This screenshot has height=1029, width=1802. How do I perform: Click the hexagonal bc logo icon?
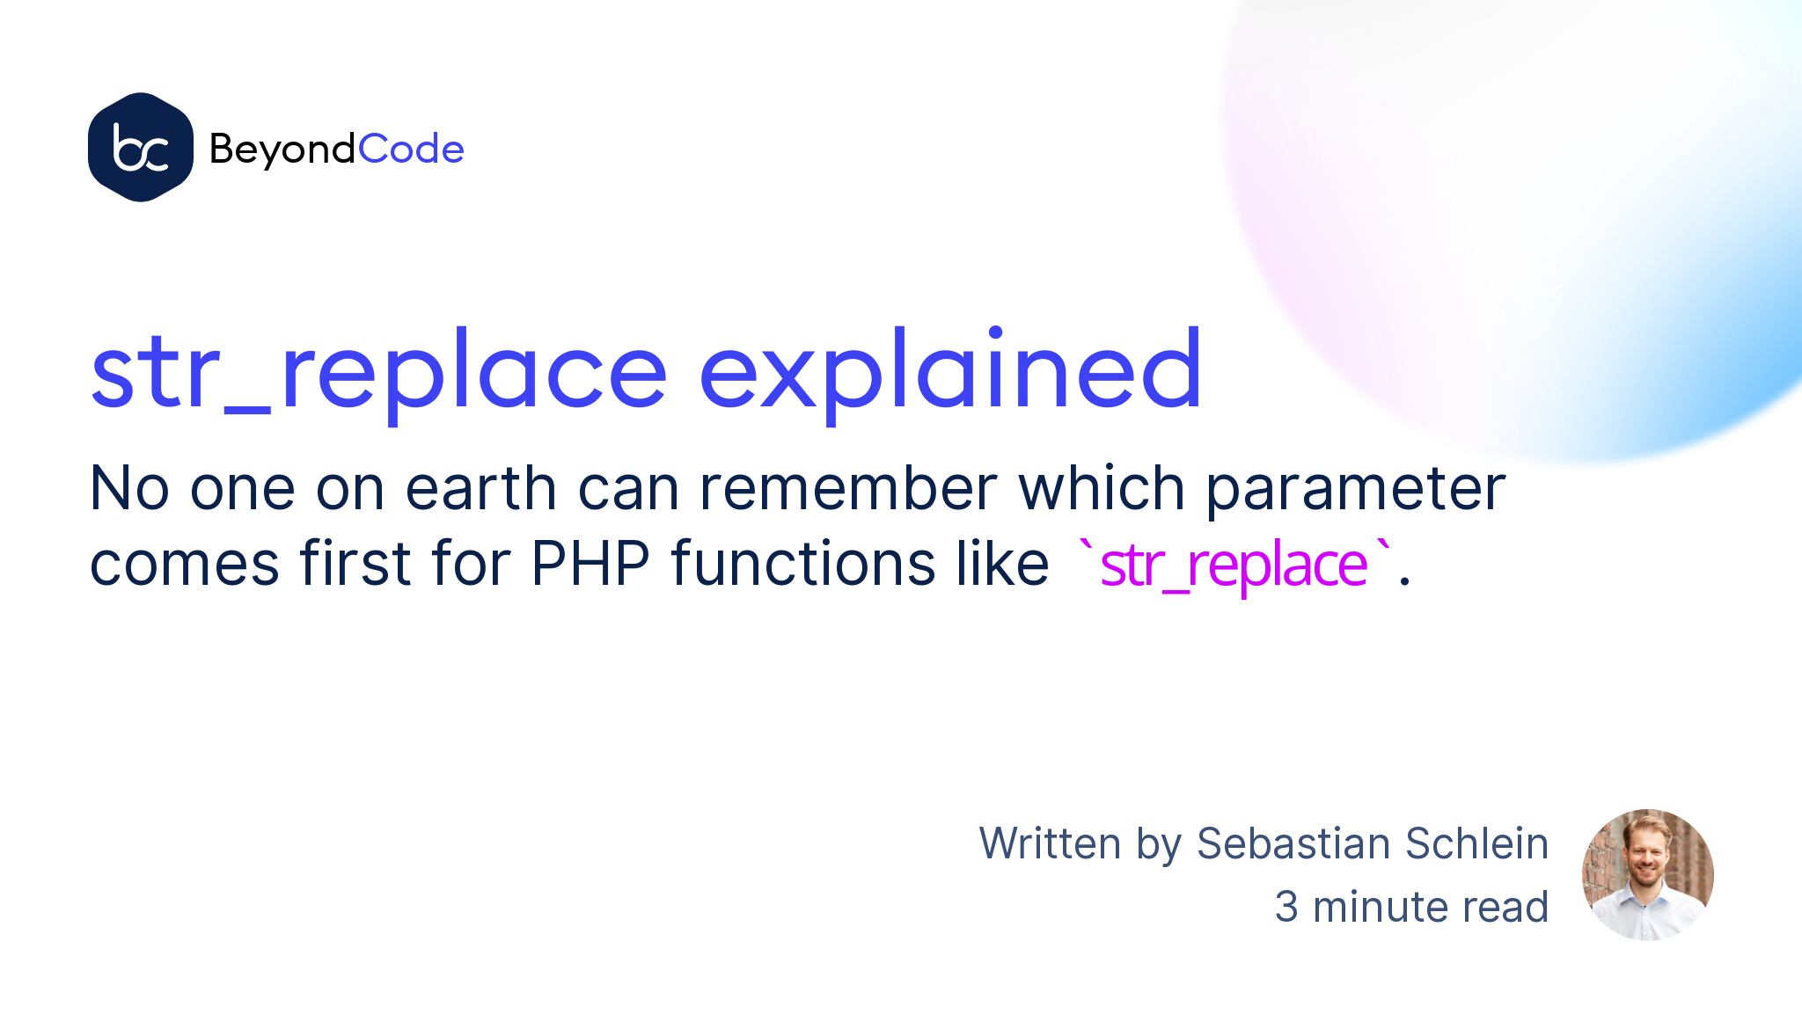coord(141,148)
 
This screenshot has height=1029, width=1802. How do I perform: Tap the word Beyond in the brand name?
coord(282,150)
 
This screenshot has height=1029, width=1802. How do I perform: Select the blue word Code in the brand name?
coord(411,150)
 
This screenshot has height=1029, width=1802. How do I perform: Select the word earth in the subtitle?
coord(480,488)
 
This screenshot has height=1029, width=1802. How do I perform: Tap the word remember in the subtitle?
coord(848,488)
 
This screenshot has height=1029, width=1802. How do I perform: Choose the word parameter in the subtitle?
coord(1355,488)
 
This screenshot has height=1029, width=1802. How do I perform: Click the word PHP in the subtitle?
coord(590,563)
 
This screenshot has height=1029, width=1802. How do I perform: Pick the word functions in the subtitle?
coord(802,563)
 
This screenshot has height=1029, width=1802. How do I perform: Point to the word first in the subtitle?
coord(355,563)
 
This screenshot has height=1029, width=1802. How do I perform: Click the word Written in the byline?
coord(1051,843)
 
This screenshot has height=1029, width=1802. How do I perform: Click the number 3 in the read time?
coord(1286,907)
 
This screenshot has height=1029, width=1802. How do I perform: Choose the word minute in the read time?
coord(1376,907)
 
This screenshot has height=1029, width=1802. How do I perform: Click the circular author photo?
coord(1647,875)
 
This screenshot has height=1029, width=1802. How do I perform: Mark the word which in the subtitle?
coord(1102,488)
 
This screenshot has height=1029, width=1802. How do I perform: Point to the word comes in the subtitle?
coord(185,563)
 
